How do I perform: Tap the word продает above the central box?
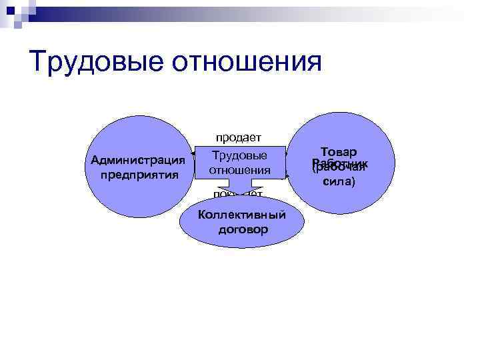(238, 137)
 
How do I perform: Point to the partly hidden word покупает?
(238, 194)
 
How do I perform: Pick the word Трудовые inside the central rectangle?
(239, 155)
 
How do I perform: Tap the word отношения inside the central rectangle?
(239, 170)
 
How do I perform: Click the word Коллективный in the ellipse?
(242, 215)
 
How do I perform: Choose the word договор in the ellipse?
(243, 229)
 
